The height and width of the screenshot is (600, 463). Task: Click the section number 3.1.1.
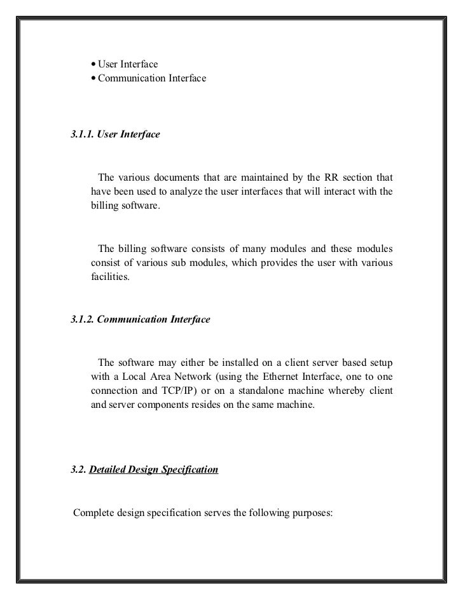pyautogui.click(x=82, y=135)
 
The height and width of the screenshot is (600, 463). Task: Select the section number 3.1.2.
pyautogui.click(x=82, y=319)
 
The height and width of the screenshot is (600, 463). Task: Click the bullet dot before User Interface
pyautogui.click(x=93, y=64)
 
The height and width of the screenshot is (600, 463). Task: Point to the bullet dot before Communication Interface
pyautogui.click(x=93, y=79)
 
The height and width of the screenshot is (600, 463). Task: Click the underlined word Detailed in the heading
pyautogui.click(x=109, y=470)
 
